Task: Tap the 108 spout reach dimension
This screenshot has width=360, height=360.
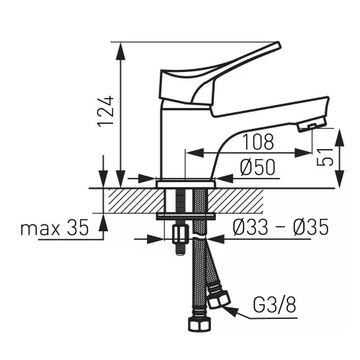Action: coord(258,142)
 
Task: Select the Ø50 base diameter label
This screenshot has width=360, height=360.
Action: coord(258,167)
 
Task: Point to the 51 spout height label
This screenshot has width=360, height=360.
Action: coord(325,157)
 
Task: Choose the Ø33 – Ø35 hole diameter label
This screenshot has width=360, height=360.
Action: coord(280,227)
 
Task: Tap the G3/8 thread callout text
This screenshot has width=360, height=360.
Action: coord(274,305)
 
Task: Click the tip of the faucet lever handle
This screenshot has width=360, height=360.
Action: coord(278,44)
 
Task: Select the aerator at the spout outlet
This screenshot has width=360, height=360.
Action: coord(312,125)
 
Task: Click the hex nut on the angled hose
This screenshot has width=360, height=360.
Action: coord(219,301)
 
